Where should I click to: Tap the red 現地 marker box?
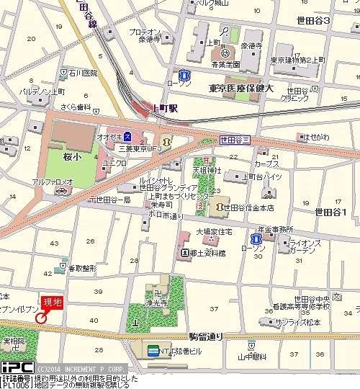pos(51,301)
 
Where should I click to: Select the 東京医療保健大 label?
pos(241,88)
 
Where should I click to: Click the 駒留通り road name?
pos(206,336)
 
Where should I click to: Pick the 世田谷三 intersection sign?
pos(235,139)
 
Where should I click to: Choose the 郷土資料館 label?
pos(207,254)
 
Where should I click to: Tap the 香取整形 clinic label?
pos(81,268)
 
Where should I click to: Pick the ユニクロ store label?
pos(114,164)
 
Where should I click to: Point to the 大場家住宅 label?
pos(215,233)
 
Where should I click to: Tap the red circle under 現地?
pos(41,317)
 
